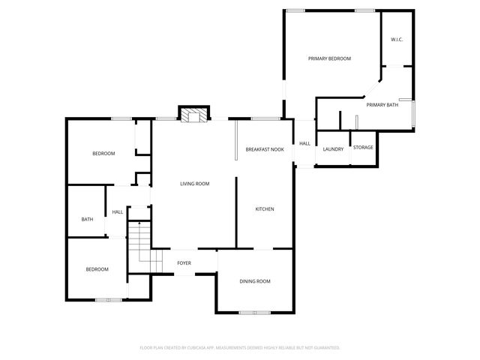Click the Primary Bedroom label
[x=329, y=58]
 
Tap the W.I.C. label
[x=397, y=40]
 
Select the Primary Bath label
[x=382, y=105]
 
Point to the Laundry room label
[x=333, y=148]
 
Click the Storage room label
[x=363, y=147]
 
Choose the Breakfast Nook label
[x=265, y=150]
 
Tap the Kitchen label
[x=265, y=208]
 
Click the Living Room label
[x=194, y=184]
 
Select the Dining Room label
[x=255, y=281]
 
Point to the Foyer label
[x=184, y=263]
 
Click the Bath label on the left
[x=87, y=219]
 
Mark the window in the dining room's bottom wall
[x=255, y=311]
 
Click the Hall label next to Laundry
[x=304, y=143]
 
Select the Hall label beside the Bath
[x=118, y=212]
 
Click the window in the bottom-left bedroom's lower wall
[x=108, y=300]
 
